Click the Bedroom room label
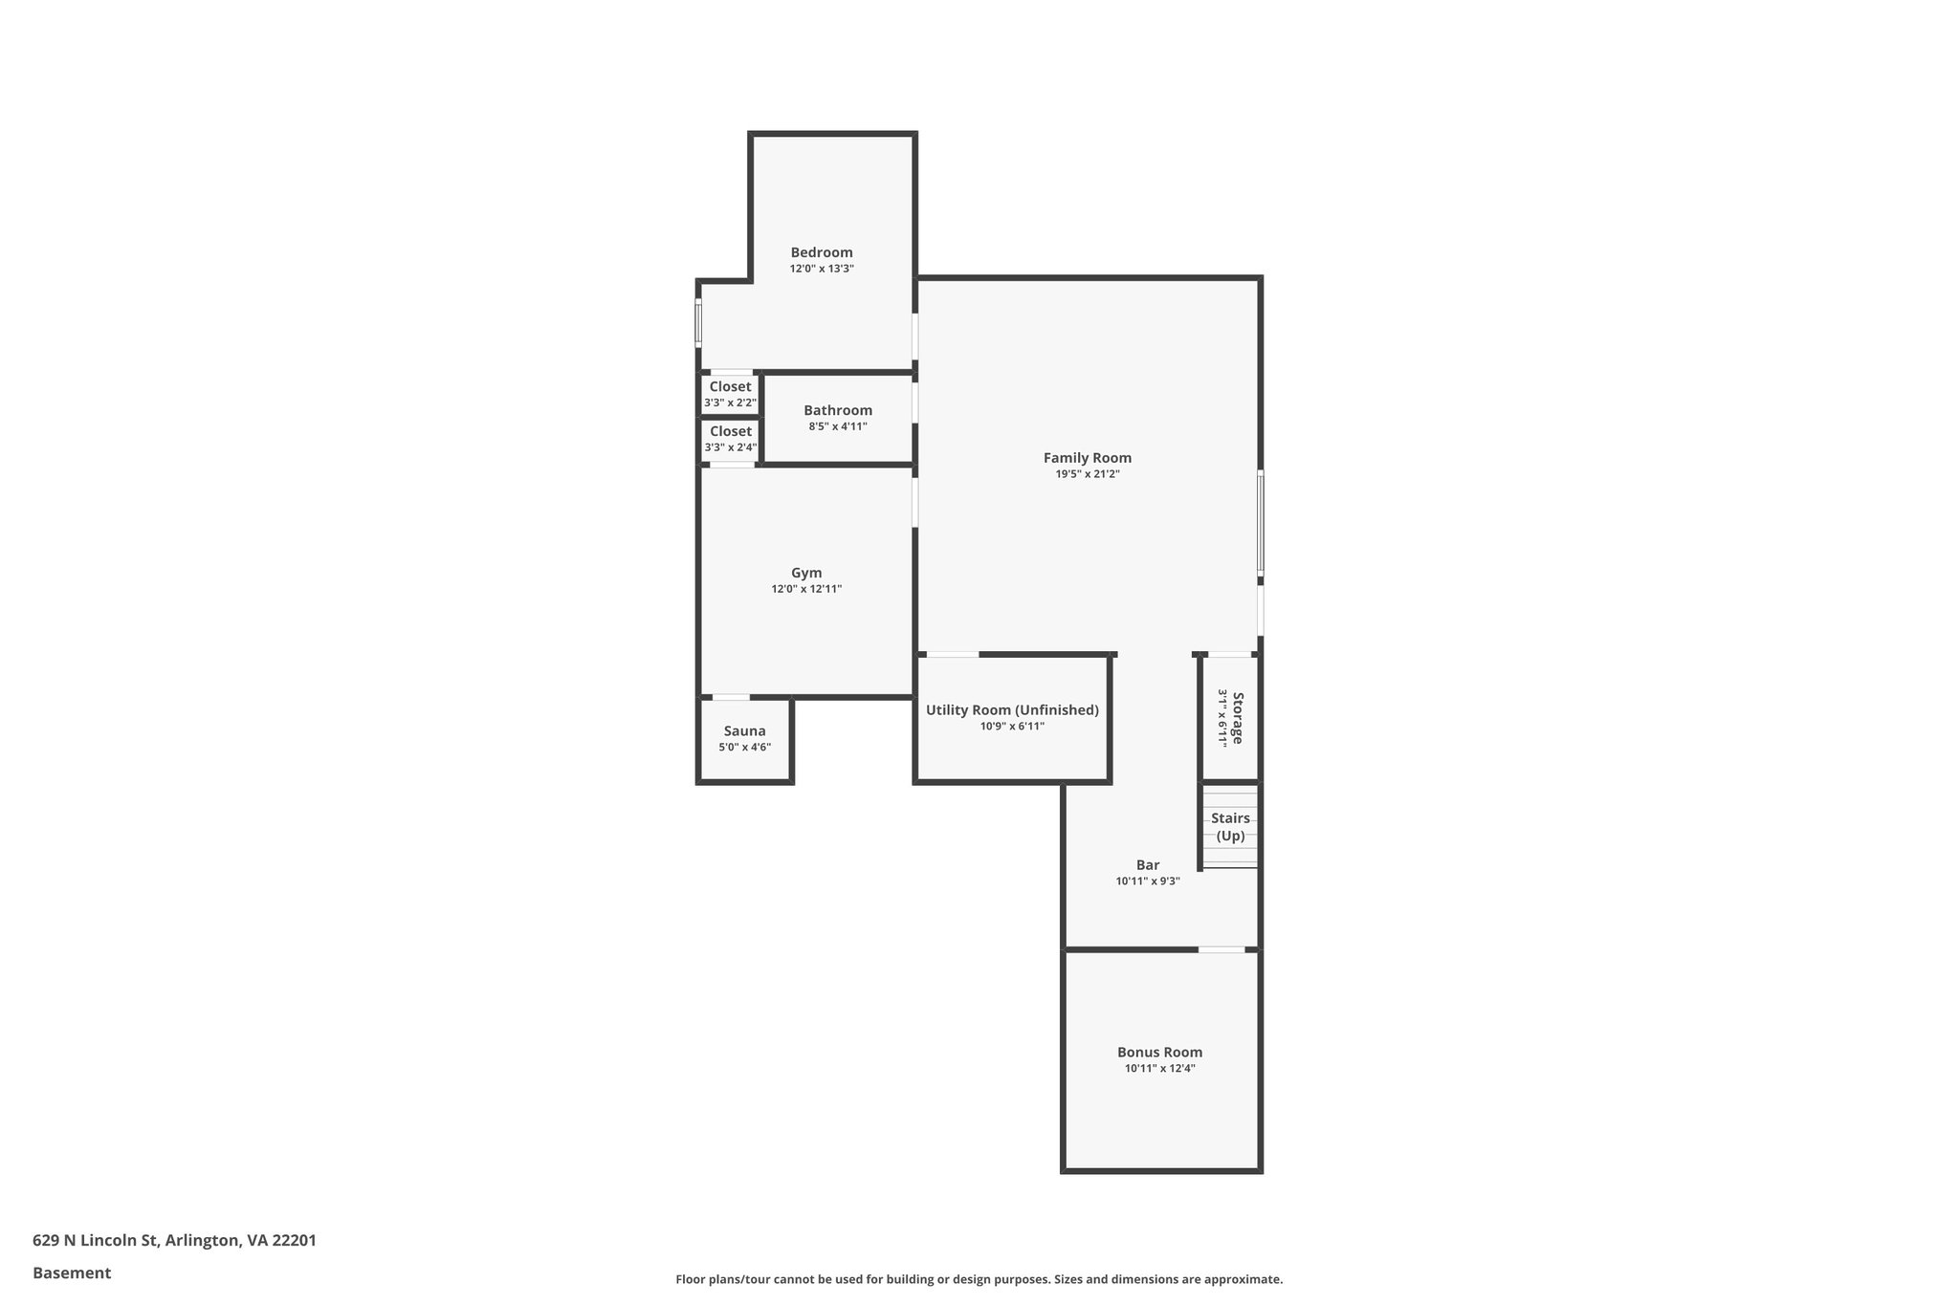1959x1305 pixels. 821,252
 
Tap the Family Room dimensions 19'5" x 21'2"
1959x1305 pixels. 1087,474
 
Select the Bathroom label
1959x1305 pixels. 837,410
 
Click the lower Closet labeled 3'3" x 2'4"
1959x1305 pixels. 730,439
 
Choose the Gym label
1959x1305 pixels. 805,573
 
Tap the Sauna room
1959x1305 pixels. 744,738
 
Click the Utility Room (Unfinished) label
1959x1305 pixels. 1011,710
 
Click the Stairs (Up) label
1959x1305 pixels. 1230,827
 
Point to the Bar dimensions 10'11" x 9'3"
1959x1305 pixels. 1147,881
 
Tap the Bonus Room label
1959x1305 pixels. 1159,1052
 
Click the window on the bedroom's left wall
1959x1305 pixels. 698,323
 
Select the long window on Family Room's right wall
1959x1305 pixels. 1260,522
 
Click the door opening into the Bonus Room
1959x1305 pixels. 1222,949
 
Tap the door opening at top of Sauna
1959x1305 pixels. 731,697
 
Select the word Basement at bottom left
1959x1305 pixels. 72,1272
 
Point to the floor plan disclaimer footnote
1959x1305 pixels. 979,1279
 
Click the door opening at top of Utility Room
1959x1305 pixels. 952,655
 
